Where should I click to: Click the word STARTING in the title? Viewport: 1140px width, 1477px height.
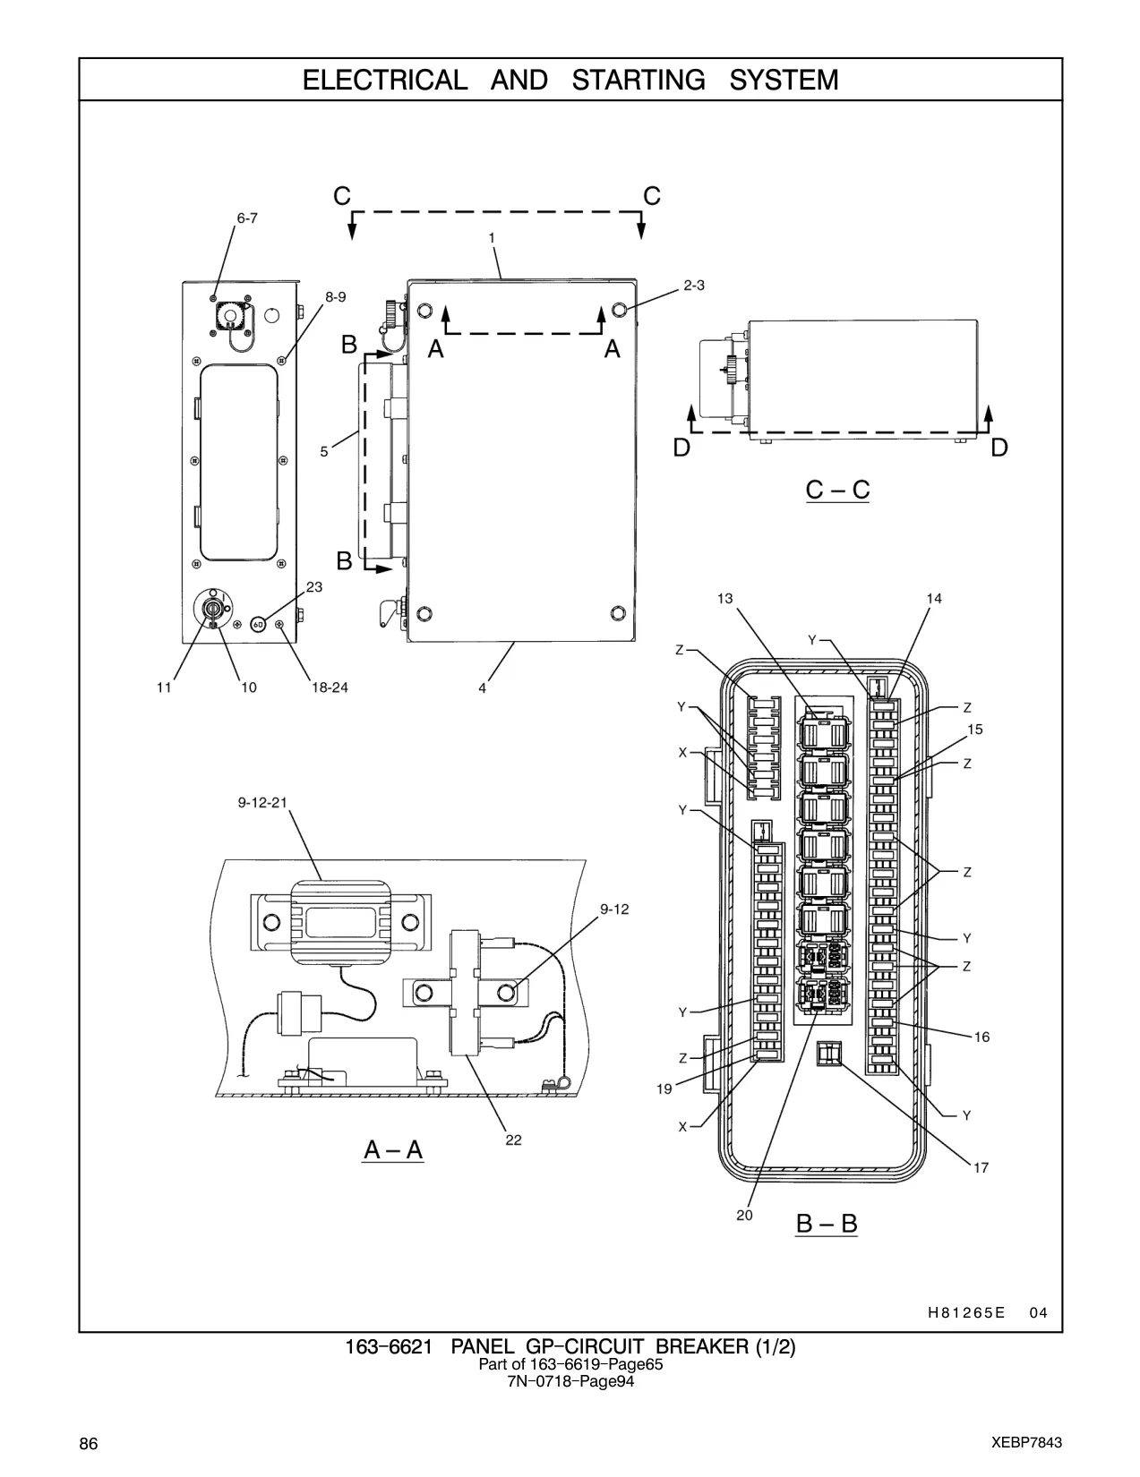click(x=639, y=81)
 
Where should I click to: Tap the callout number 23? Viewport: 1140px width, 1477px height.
click(x=314, y=586)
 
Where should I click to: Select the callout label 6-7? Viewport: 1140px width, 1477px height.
click(x=247, y=218)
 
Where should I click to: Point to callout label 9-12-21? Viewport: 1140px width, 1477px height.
click(x=263, y=803)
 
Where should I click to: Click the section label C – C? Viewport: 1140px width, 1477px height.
click(x=837, y=490)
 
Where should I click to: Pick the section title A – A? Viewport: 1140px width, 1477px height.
click(x=394, y=1150)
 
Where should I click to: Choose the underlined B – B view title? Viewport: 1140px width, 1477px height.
click(x=827, y=1224)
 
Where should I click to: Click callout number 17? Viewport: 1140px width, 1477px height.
click(x=981, y=1168)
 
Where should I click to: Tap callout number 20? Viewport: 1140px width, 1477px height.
click(x=744, y=1216)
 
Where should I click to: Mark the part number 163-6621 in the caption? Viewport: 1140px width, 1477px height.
click(x=388, y=1346)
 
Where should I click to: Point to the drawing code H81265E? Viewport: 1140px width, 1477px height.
click(x=966, y=1313)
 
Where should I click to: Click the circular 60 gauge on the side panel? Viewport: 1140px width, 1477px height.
click(x=258, y=623)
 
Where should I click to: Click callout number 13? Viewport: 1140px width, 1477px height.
click(x=725, y=599)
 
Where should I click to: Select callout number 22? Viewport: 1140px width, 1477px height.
click(x=513, y=1140)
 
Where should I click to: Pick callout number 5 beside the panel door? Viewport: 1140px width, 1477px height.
click(x=324, y=451)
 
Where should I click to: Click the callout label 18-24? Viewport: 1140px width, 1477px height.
click(x=330, y=687)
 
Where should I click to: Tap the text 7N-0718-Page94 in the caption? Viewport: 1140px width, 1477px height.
click(x=570, y=1381)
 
